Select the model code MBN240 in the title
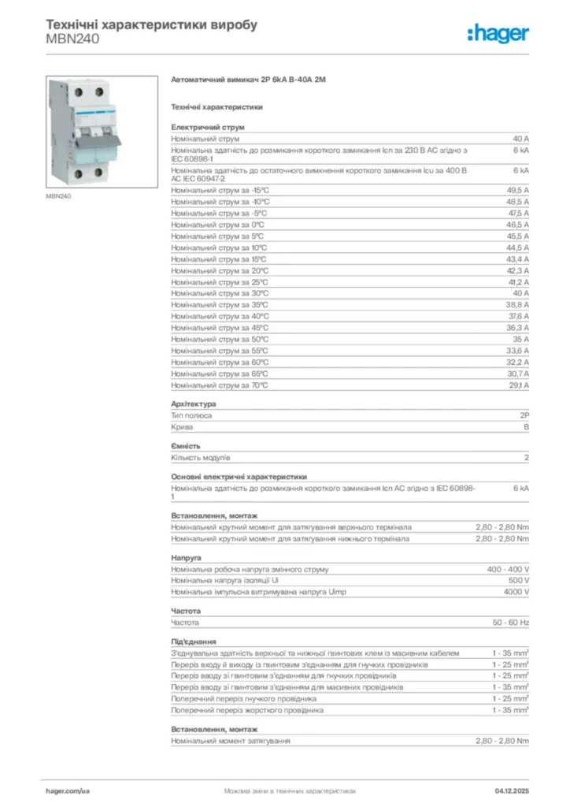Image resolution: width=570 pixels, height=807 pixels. [x=72, y=39]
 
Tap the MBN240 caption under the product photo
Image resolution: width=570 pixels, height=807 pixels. [x=58, y=196]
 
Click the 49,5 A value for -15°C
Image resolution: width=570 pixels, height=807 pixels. [x=517, y=190]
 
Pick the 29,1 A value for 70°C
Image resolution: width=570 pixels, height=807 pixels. [x=517, y=385]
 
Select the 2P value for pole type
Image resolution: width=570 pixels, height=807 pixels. [x=524, y=415]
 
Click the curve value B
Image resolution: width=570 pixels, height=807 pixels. [x=526, y=427]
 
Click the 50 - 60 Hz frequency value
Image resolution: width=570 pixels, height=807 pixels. [x=511, y=623]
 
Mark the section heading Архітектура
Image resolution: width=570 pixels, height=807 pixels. [x=193, y=404]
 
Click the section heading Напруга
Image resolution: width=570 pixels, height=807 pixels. [x=186, y=557]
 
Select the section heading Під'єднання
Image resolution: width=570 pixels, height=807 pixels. [x=194, y=642]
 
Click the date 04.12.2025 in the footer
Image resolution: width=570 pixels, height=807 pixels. [x=513, y=790]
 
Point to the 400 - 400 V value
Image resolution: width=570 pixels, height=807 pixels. [x=508, y=569]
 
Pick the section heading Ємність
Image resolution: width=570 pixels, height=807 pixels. [x=186, y=446]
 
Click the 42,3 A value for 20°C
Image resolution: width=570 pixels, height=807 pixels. [x=517, y=270]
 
